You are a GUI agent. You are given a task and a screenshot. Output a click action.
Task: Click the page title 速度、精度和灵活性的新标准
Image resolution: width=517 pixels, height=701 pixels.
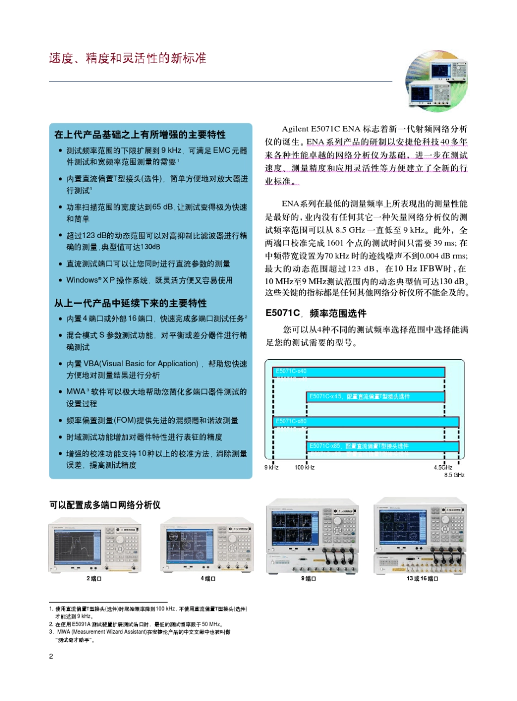(x=128, y=58)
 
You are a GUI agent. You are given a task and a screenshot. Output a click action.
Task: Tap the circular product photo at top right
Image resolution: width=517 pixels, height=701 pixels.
(x=436, y=82)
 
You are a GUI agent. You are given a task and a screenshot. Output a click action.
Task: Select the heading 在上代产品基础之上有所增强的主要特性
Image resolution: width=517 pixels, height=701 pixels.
(x=140, y=135)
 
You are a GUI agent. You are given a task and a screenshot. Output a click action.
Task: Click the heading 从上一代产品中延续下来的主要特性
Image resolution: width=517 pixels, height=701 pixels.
(x=130, y=303)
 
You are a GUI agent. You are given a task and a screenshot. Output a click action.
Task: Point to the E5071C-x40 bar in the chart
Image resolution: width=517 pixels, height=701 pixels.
(x=359, y=372)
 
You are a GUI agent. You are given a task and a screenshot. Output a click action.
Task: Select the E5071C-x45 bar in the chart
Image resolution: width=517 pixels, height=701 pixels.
(x=376, y=397)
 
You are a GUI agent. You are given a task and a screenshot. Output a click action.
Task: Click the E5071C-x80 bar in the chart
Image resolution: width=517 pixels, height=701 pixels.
(x=366, y=422)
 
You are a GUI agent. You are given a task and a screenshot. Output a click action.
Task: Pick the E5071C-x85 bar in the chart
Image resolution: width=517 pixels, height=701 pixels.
(x=383, y=447)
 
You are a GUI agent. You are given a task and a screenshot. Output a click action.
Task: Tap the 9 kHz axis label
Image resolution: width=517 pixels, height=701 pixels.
(x=272, y=467)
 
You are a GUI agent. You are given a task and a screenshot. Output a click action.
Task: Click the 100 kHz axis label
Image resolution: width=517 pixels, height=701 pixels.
(x=304, y=467)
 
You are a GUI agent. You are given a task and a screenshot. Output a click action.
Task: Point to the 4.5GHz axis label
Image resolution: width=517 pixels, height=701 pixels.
(x=443, y=467)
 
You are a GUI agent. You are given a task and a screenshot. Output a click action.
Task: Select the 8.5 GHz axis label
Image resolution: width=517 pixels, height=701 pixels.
(x=454, y=475)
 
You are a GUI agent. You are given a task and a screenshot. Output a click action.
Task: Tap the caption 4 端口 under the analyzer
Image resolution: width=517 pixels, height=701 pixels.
(x=208, y=579)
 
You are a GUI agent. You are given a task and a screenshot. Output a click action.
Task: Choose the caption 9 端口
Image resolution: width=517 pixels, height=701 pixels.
(x=309, y=579)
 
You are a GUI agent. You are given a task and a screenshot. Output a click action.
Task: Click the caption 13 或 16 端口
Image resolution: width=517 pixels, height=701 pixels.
(x=422, y=579)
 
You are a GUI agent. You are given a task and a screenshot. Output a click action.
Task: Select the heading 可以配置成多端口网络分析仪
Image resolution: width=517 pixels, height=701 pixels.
(x=105, y=505)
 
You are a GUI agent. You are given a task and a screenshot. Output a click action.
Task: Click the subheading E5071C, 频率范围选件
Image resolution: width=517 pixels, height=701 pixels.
(x=316, y=313)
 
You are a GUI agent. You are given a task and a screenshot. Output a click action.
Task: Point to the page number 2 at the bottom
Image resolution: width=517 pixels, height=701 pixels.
(x=51, y=656)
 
